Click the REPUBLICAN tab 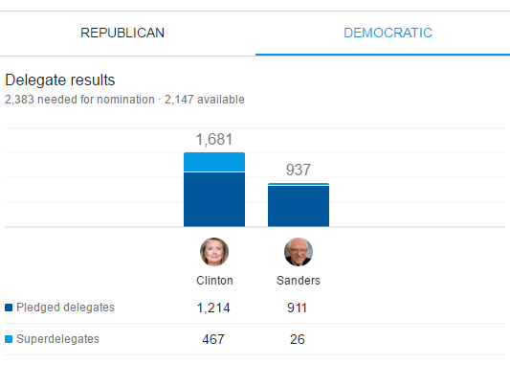pyautogui.click(x=122, y=33)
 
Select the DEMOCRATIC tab pyautogui.click(x=388, y=33)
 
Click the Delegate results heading pyautogui.click(x=60, y=80)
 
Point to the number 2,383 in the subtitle pyautogui.click(x=19, y=100)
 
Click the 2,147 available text pyautogui.click(x=204, y=100)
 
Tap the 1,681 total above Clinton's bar pyautogui.click(x=214, y=140)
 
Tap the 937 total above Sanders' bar pyautogui.click(x=299, y=170)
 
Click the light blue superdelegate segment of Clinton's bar pyautogui.click(x=214, y=162)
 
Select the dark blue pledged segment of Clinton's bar pyautogui.click(x=214, y=199)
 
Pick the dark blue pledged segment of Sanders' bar pyautogui.click(x=299, y=206)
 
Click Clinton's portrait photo pyautogui.click(x=214, y=252)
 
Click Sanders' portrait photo pyautogui.click(x=299, y=252)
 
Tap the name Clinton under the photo pyautogui.click(x=214, y=281)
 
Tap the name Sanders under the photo pyautogui.click(x=299, y=281)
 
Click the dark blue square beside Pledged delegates pyautogui.click(x=9, y=308)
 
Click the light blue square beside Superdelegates pyautogui.click(x=9, y=339)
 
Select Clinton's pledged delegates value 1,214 pyautogui.click(x=213, y=308)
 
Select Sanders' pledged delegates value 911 pyautogui.click(x=297, y=308)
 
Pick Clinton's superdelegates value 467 pyautogui.click(x=213, y=339)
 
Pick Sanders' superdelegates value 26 pyautogui.click(x=298, y=339)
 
